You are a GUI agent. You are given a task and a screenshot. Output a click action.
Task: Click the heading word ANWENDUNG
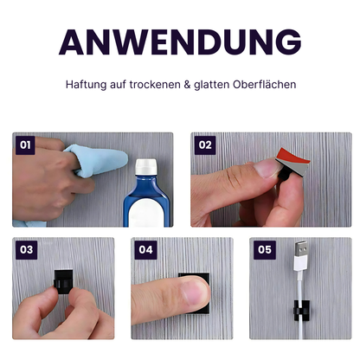click(180, 41)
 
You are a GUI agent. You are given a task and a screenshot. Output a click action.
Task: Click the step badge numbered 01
click(26, 145)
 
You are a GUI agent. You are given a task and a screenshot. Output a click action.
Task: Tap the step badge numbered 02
click(205, 145)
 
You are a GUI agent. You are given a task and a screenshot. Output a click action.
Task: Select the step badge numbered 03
click(26, 251)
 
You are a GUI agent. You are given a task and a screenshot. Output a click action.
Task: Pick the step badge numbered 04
click(145, 251)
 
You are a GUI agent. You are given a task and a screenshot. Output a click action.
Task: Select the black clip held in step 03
click(62, 281)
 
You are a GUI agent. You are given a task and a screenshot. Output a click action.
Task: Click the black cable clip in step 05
click(301, 309)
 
